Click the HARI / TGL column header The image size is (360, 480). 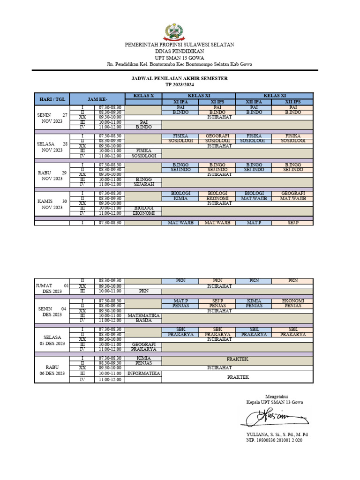pos(52,99)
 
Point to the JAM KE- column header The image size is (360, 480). pos(97,99)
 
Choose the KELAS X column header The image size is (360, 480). pos(143,96)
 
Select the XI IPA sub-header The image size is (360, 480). pos(180,102)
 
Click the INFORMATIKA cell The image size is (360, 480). pos(143,374)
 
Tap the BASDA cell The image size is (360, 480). pos(143,321)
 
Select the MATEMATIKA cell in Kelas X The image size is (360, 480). pos(143,315)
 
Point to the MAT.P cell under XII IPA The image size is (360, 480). pos(254,223)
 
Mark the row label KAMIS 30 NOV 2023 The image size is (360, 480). pos(52,204)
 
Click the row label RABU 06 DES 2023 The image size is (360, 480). pos(52,370)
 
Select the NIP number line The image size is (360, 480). pos(274,441)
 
